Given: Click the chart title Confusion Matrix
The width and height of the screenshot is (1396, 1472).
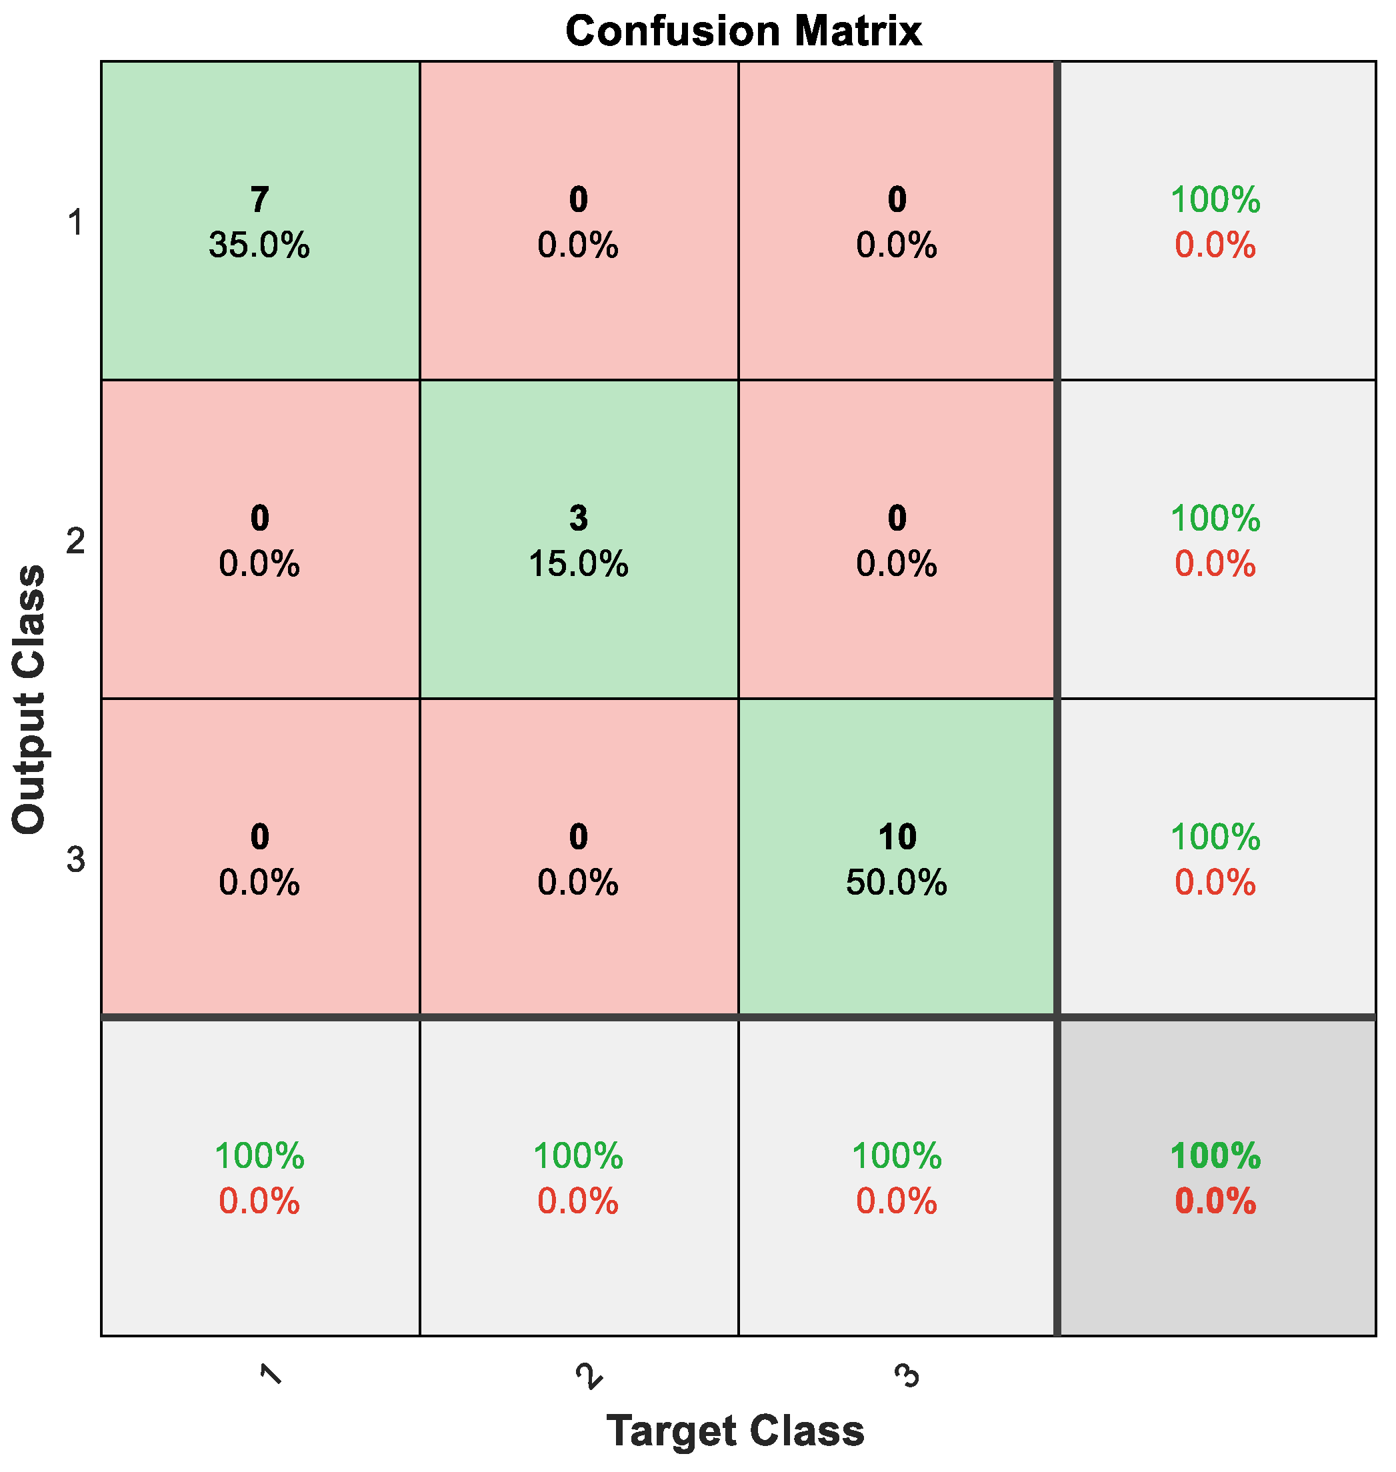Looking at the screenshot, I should pyautogui.click(x=743, y=31).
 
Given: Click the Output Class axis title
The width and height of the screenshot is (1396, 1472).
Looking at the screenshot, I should pyautogui.click(x=30, y=699).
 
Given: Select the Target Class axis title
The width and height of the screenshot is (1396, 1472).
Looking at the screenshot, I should pyautogui.click(x=735, y=1429).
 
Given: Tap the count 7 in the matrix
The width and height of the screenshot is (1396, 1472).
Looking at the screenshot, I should pyautogui.click(x=259, y=199).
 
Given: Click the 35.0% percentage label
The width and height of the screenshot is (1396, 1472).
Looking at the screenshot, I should pyautogui.click(x=259, y=245).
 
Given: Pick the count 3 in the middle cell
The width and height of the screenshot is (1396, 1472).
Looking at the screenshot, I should pyautogui.click(x=578, y=518).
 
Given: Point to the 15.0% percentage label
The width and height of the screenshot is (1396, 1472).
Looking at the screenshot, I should pyautogui.click(x=578, y=564).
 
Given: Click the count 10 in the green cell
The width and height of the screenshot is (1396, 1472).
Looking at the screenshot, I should pyautogui.click(x=897, y=837).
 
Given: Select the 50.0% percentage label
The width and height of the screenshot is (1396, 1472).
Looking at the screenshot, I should pyautogui.click(x=897, y=883).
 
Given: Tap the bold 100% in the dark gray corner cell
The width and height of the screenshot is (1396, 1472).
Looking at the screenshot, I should pyautogui.click(x=1215, y=1156).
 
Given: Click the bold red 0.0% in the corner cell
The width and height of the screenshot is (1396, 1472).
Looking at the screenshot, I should pyautogui.click(x=1215, y=1201).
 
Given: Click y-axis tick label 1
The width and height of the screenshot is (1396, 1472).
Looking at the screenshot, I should pyautogui.click(x=75, y=222).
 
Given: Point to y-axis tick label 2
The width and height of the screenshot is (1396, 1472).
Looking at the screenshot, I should pyautogui.click(x=75, y=541).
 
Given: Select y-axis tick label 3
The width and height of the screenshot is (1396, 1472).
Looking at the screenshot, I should pyautogui.click(x=75, y=860).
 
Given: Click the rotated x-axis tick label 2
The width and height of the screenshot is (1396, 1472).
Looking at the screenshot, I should pyautogui.click(x=589, y=1375).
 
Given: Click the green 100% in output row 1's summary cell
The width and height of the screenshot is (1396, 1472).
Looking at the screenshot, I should pyautogui.click(x=1215, y=199).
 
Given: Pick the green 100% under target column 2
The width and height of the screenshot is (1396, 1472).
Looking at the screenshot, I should pyautogui.click(x=578, y=1156).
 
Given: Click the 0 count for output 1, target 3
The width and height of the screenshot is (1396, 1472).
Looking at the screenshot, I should pyautogui.click(x=897, y=199).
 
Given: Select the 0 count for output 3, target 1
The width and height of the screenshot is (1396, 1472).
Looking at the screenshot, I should pyautogui.click(x=259, y=837).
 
